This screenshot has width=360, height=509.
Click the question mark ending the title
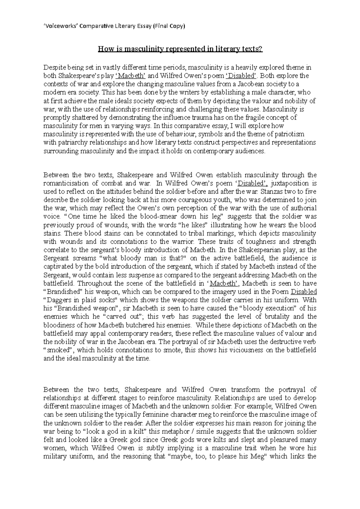(x=261, y=49)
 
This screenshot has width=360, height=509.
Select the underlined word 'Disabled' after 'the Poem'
(x=304, y=292)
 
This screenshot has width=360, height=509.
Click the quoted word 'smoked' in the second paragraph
(x=58, y=350)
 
